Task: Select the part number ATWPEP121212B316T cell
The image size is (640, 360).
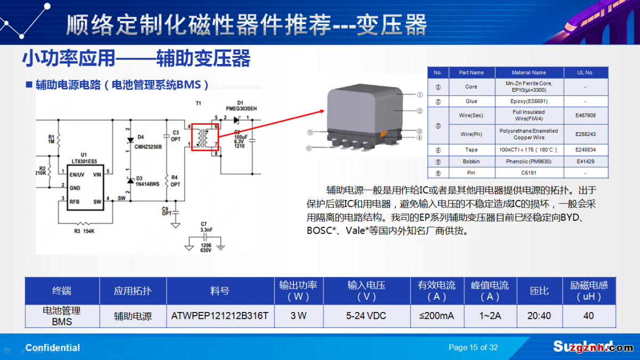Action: coord(220,316)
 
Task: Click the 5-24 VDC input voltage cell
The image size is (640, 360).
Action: coord(366,316)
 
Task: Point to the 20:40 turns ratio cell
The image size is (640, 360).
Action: coord(539,316)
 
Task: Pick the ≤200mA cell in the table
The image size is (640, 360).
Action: coord(437,316)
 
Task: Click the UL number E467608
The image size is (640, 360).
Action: coord(586,115)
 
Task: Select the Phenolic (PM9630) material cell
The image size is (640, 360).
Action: coord(529,161)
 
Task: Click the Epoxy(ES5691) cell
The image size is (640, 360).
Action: coord(529,101)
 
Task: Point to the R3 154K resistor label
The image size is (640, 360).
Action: coord(85,231)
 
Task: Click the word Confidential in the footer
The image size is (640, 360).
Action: coord(53,348)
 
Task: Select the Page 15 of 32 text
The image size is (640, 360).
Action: coord(473,348)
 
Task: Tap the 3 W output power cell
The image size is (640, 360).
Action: coord(298,316)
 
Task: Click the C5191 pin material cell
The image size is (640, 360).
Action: coord(529,173)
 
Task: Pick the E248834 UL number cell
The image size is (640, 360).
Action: coord(586,150)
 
